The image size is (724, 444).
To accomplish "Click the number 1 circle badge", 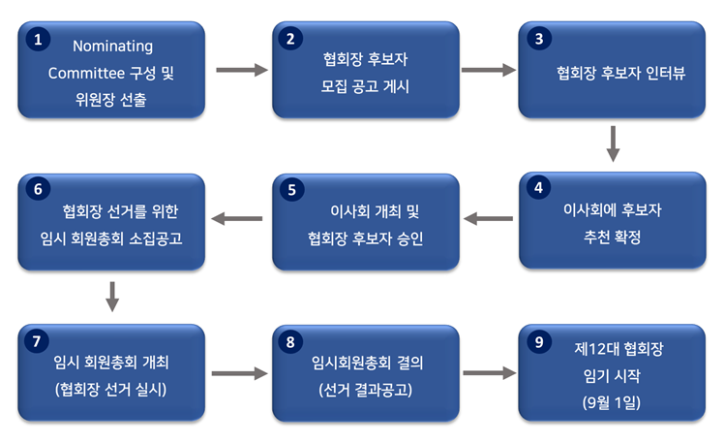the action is click(38, 39).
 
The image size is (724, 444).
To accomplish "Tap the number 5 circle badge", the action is click(291, 190).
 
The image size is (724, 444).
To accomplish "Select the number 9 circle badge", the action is click(539, 342).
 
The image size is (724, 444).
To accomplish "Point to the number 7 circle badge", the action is click(37, 341).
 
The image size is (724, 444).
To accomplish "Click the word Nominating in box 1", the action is click(112, 47).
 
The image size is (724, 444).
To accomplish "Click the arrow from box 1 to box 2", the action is click(242, 70).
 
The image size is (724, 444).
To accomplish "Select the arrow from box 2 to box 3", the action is click(489, 70).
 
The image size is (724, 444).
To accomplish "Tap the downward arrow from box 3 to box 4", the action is click(613, 143).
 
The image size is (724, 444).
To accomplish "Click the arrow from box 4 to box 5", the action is click(488, 218).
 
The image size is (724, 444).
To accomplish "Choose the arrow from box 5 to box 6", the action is click(237, 218).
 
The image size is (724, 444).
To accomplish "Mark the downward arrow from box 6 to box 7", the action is click(112, 297).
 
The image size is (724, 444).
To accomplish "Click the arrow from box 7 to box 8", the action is click(240, 373).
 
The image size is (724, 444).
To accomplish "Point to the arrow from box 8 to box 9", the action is click(490, 373).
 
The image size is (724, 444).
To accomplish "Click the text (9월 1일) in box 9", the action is click(612, 403).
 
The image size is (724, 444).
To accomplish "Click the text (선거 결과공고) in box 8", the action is click(365, 390).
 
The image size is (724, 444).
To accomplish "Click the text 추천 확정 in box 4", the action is click(613, 238).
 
